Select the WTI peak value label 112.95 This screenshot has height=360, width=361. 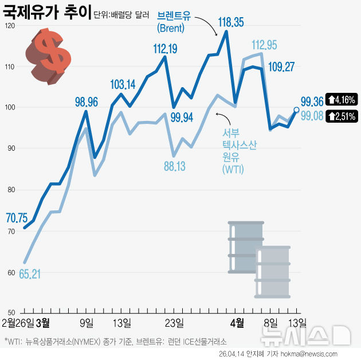[264, 45]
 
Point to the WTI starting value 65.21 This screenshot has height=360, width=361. [29, 274]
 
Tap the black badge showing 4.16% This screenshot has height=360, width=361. [342, 99]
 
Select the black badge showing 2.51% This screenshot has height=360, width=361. [342, 116]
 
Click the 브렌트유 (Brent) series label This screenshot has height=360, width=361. [174, 21]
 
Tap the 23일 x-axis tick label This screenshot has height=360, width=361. [174, 322]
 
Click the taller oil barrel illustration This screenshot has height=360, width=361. [245, 246]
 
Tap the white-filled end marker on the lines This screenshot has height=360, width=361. [296, 109]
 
